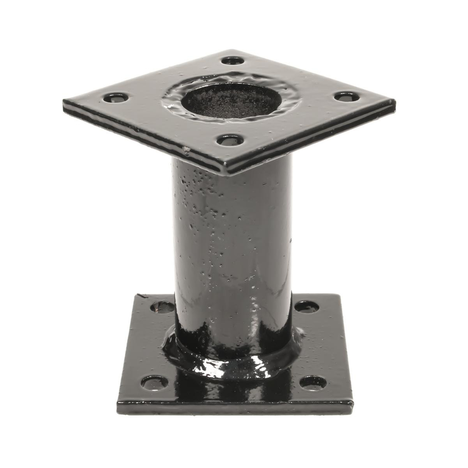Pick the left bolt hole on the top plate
coord(116,98)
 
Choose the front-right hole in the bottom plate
coord(313,382)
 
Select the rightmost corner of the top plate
coord(395,103)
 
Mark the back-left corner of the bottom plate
coord(137,294)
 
